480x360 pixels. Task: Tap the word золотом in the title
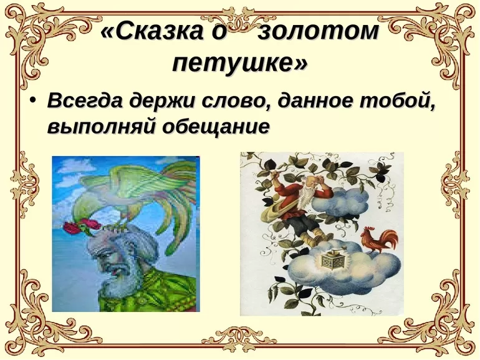[318, 31]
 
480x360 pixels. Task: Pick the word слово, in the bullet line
[236, 101]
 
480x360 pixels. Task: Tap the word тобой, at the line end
[397, 100]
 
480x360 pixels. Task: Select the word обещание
[216, 126]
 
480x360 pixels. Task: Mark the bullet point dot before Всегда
[34, 100]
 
